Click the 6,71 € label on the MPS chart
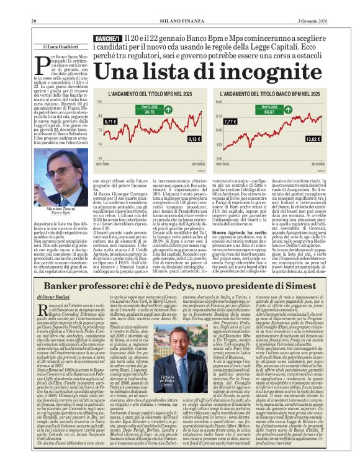coord(110,122)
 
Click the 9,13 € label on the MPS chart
coord(194,138)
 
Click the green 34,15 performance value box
coord(150,112)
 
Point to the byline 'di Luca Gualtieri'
coord(61,47)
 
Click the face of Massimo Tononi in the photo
coord(60,174)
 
